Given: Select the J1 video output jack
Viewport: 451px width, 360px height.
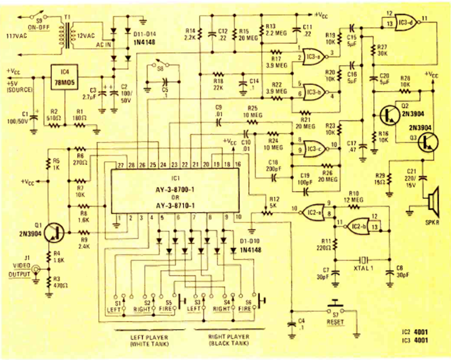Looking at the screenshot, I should point(36,270).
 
